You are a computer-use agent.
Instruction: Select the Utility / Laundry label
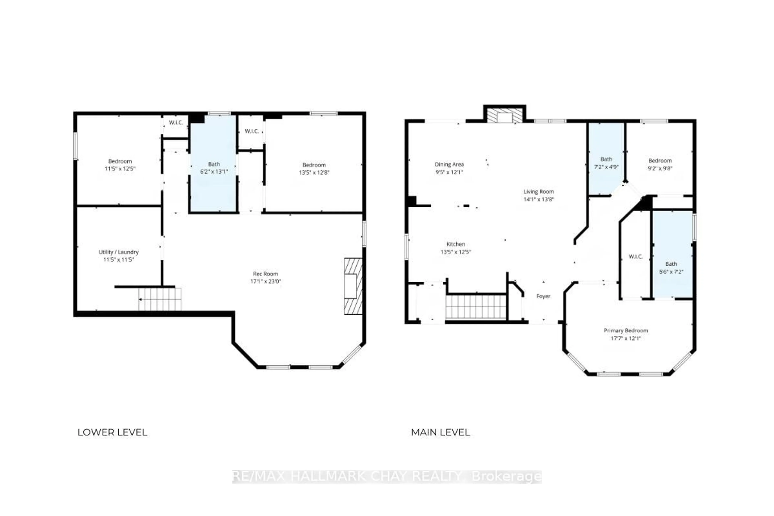(119, 252)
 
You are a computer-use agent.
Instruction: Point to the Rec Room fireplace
(353, 286)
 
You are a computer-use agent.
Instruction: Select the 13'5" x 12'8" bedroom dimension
(314, 173)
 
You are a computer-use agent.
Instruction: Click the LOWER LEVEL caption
(112, 432)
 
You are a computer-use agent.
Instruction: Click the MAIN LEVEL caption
(440, 432)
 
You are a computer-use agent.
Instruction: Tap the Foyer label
(543, 296)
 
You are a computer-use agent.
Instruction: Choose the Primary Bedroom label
(626, 330)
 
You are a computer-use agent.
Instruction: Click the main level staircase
(476, 307)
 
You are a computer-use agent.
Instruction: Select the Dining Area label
(449, 164)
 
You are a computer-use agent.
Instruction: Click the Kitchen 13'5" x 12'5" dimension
(456, 252)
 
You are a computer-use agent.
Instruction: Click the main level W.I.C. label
(636, 257)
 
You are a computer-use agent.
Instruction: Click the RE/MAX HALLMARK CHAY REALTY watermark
(387, 476)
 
